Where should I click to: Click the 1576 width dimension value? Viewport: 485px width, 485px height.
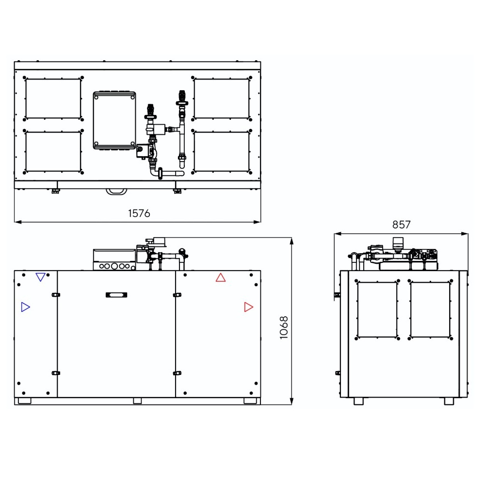click(139, 213)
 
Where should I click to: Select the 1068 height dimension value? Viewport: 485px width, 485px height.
click(284, 327)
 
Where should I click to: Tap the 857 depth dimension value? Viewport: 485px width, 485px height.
click(401, 225)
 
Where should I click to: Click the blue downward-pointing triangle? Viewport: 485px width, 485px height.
click(41, 277)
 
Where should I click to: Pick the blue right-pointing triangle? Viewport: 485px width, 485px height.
click(25, 307)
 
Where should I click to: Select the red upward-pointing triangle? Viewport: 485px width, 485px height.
click(221, 277)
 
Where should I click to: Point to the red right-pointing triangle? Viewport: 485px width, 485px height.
click(249, 307)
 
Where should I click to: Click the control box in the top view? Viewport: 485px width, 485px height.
click(114, 121)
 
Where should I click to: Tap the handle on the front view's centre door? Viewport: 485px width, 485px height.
click(116, 295)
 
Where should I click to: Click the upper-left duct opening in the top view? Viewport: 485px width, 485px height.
click(53, 98)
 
